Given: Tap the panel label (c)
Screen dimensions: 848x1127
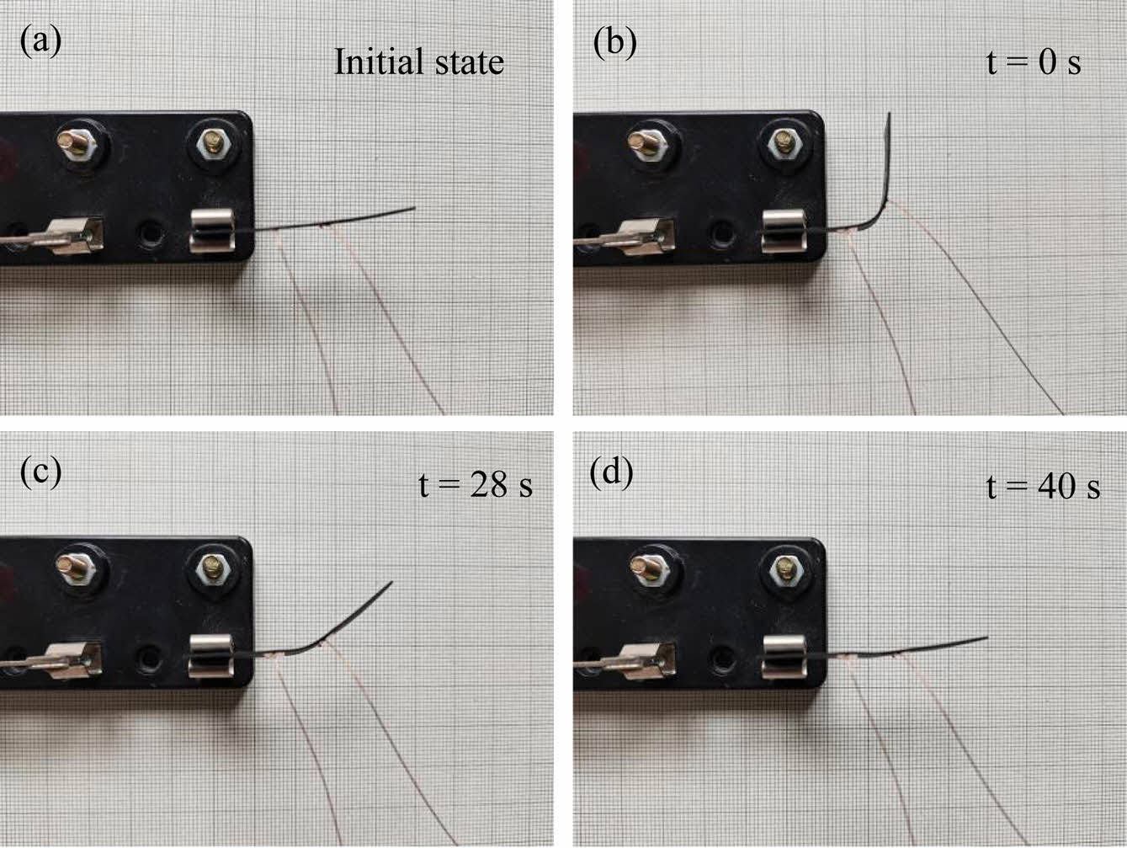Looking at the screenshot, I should (40, 472).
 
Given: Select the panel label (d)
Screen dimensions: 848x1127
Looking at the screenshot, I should (612, 472).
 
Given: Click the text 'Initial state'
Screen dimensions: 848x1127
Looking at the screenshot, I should (418, 62).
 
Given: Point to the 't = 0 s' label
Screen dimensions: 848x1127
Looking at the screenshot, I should (1033, 62).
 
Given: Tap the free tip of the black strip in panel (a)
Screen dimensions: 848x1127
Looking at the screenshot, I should (412, 208).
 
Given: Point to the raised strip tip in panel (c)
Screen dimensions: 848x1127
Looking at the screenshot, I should (390, 583).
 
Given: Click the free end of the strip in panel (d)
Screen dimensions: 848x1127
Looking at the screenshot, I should (986, 638).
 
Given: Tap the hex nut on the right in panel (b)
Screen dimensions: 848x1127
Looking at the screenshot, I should (784, 145).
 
